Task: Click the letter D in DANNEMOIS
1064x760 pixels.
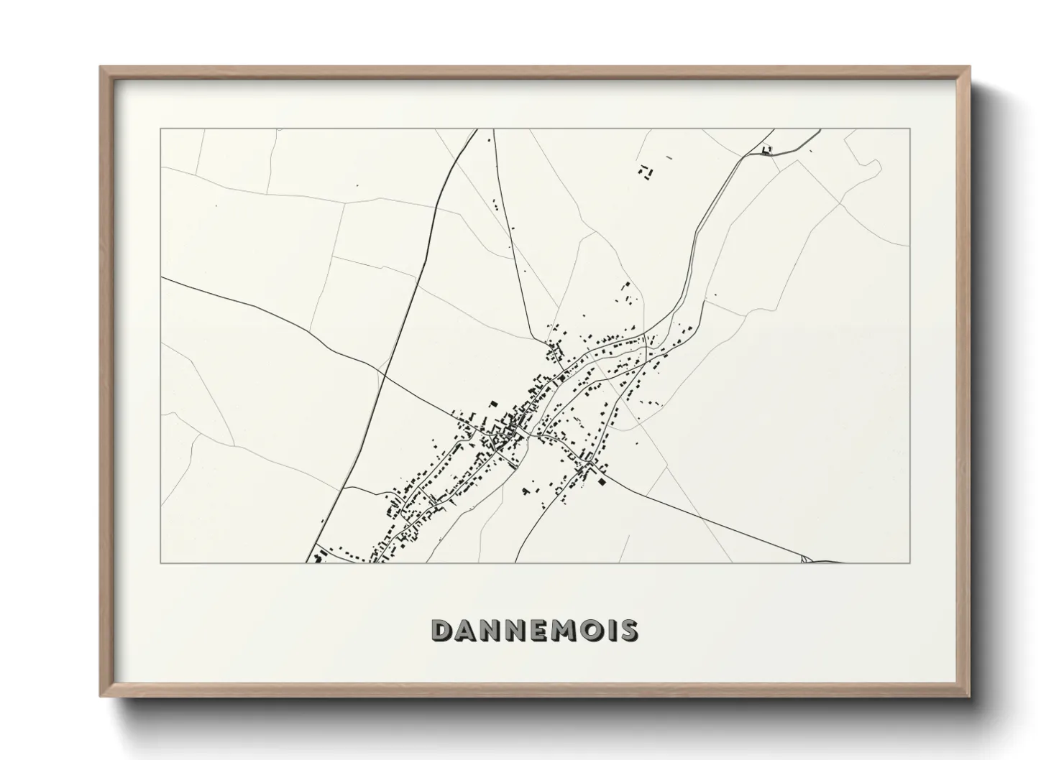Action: point(441,631)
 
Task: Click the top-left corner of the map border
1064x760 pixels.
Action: point(161,129)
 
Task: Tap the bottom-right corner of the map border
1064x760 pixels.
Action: point(910,562)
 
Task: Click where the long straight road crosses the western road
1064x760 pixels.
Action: point(382,374)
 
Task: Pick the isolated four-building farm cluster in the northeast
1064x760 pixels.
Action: point(645,172)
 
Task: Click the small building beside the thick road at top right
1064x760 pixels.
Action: point(766,149)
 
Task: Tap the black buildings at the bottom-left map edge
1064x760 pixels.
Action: point(316,557)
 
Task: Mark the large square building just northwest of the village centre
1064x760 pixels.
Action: point(492,404)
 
